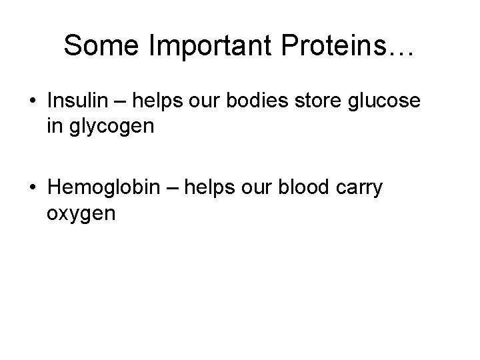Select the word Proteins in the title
325,45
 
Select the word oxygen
81,215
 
